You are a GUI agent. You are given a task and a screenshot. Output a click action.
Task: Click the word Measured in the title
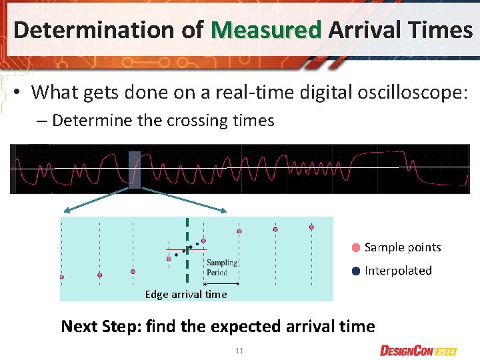(x=266, y=29)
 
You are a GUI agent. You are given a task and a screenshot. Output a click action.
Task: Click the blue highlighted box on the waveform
(x=135, y=170)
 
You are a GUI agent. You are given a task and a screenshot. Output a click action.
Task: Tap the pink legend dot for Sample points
(x=356, y=247)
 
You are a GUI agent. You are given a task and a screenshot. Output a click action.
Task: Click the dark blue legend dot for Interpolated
(x=356, y=271)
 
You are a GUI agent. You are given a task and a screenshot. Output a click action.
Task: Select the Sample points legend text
(x=403, y=247)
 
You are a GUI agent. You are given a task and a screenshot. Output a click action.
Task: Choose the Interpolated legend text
(x=398, y=271)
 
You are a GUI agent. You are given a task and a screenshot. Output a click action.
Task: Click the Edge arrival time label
(x=186, y=294)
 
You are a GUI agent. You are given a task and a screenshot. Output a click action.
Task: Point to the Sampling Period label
(x=221, y=267)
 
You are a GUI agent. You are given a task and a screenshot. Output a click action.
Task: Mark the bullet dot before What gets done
(x=19, y=93)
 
